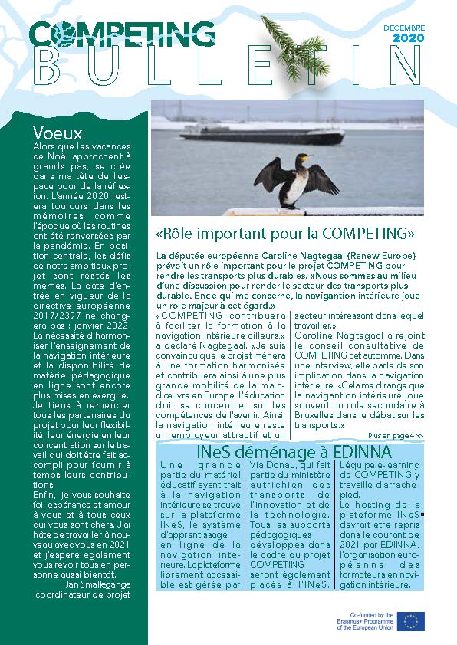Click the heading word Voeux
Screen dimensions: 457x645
[58, 133]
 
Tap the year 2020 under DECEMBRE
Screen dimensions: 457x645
[406, 38]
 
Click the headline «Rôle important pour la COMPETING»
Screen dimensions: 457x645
[285, 232]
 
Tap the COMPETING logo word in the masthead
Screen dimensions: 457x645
[123, 33]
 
